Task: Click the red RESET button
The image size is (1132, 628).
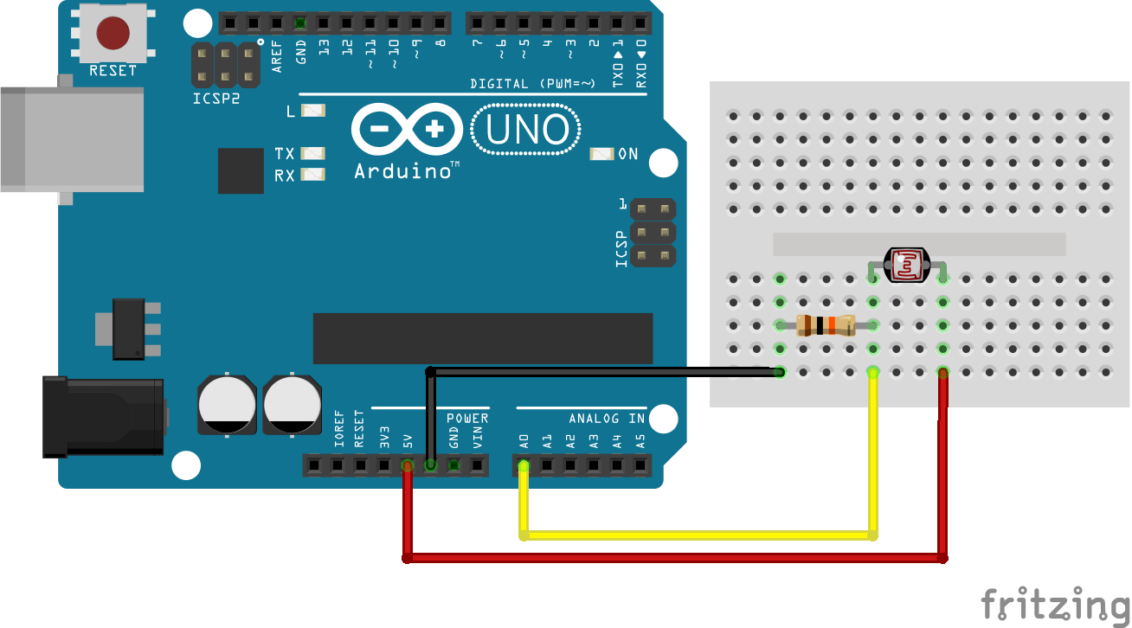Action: pyautogui.click(x=113, y=33)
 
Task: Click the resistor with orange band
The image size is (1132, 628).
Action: pyautogui.click(x=826, y=325)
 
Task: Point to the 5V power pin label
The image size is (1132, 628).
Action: pyautogui.click(x=407, y=441)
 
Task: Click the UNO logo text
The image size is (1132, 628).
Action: pyautogui.click(x=527, y=131)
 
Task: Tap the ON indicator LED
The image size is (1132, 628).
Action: pyautogui.click(x=601, y=154)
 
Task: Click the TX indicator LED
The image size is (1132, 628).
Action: pyautogui.click(x=312, y=153)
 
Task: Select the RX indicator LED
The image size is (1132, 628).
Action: pyautogui.click(x=312, y=175)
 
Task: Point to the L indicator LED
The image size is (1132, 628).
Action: pyautogui.click(x=312, y=111)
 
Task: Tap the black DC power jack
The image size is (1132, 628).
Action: pyautogui.click(x=104, y=416)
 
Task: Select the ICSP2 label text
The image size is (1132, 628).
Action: pyautogui.click(x=216, y=99)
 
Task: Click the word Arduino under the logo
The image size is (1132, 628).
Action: pyautogui.click(x=405, y=170)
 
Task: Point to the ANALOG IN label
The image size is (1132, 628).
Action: pyautogui.click(x=607, y=419)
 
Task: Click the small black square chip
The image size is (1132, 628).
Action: pyautogui.click(x=241, y=170)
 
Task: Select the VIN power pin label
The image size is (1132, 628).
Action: pyautogui.click(x=477, y=438)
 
